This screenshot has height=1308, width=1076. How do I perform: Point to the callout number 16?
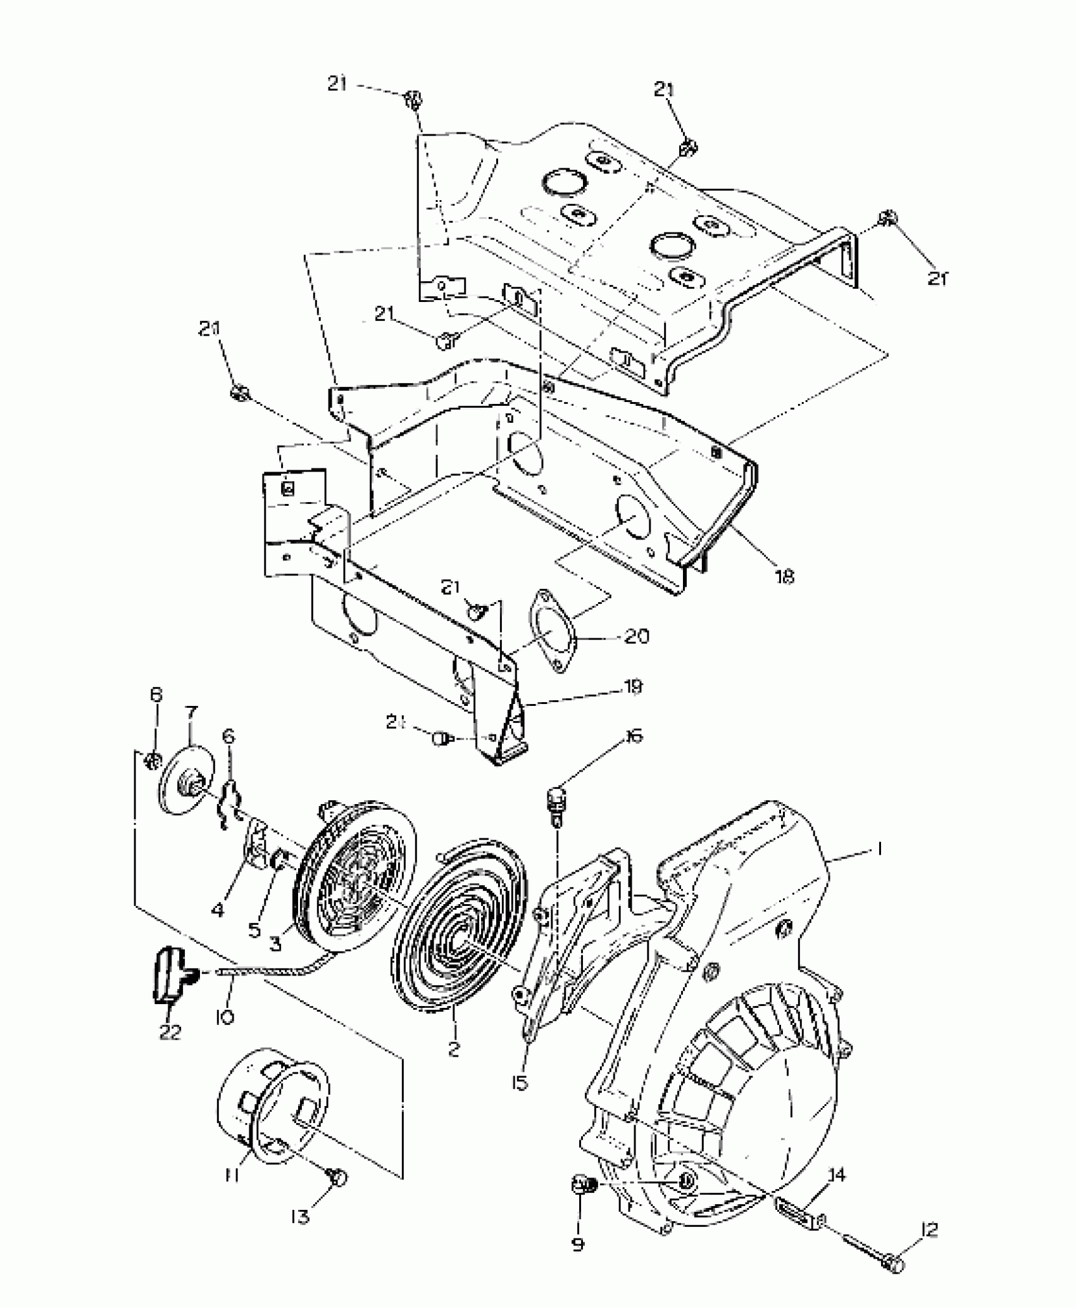click(x=633, y=736)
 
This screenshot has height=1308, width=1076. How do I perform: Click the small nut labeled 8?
click(x=151, y=760)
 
